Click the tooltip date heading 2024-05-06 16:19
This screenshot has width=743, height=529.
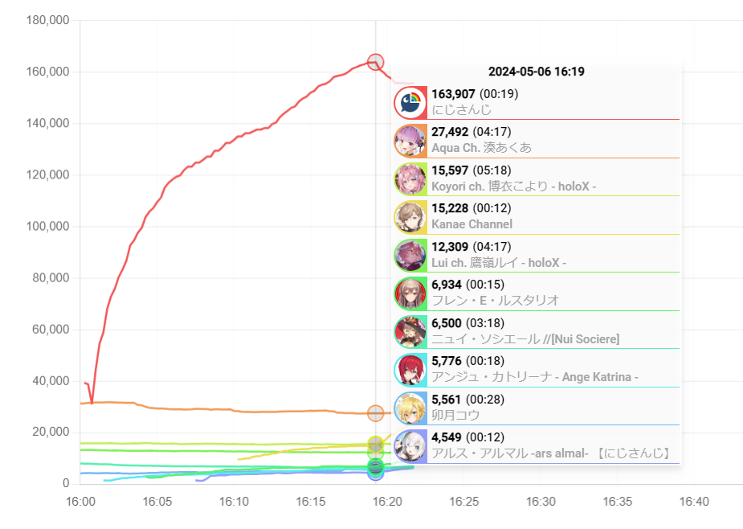(x=536, y=72)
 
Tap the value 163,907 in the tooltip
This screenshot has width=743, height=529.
(x=455, y=94)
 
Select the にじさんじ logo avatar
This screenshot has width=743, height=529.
(x=410, y=102)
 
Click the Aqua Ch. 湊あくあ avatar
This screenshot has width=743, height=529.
(x=410, y=140)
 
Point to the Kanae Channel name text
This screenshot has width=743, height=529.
(x=472, y=224)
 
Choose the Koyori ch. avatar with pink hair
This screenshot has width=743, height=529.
(x=410, y=178)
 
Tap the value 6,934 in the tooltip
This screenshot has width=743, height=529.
(x=447, y=285)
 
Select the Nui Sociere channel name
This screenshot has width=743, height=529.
(x=525, y=339)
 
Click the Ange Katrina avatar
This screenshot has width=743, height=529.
(x=410, y=370)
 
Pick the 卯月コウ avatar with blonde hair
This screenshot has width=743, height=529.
(x=410, y=408)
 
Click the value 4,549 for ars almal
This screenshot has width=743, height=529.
(x=447, y=438)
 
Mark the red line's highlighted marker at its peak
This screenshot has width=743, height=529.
(x=375, y=62)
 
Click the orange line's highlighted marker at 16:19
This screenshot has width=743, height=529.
(x=375, y=413)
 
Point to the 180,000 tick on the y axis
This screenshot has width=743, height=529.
(x=48, y=20)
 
